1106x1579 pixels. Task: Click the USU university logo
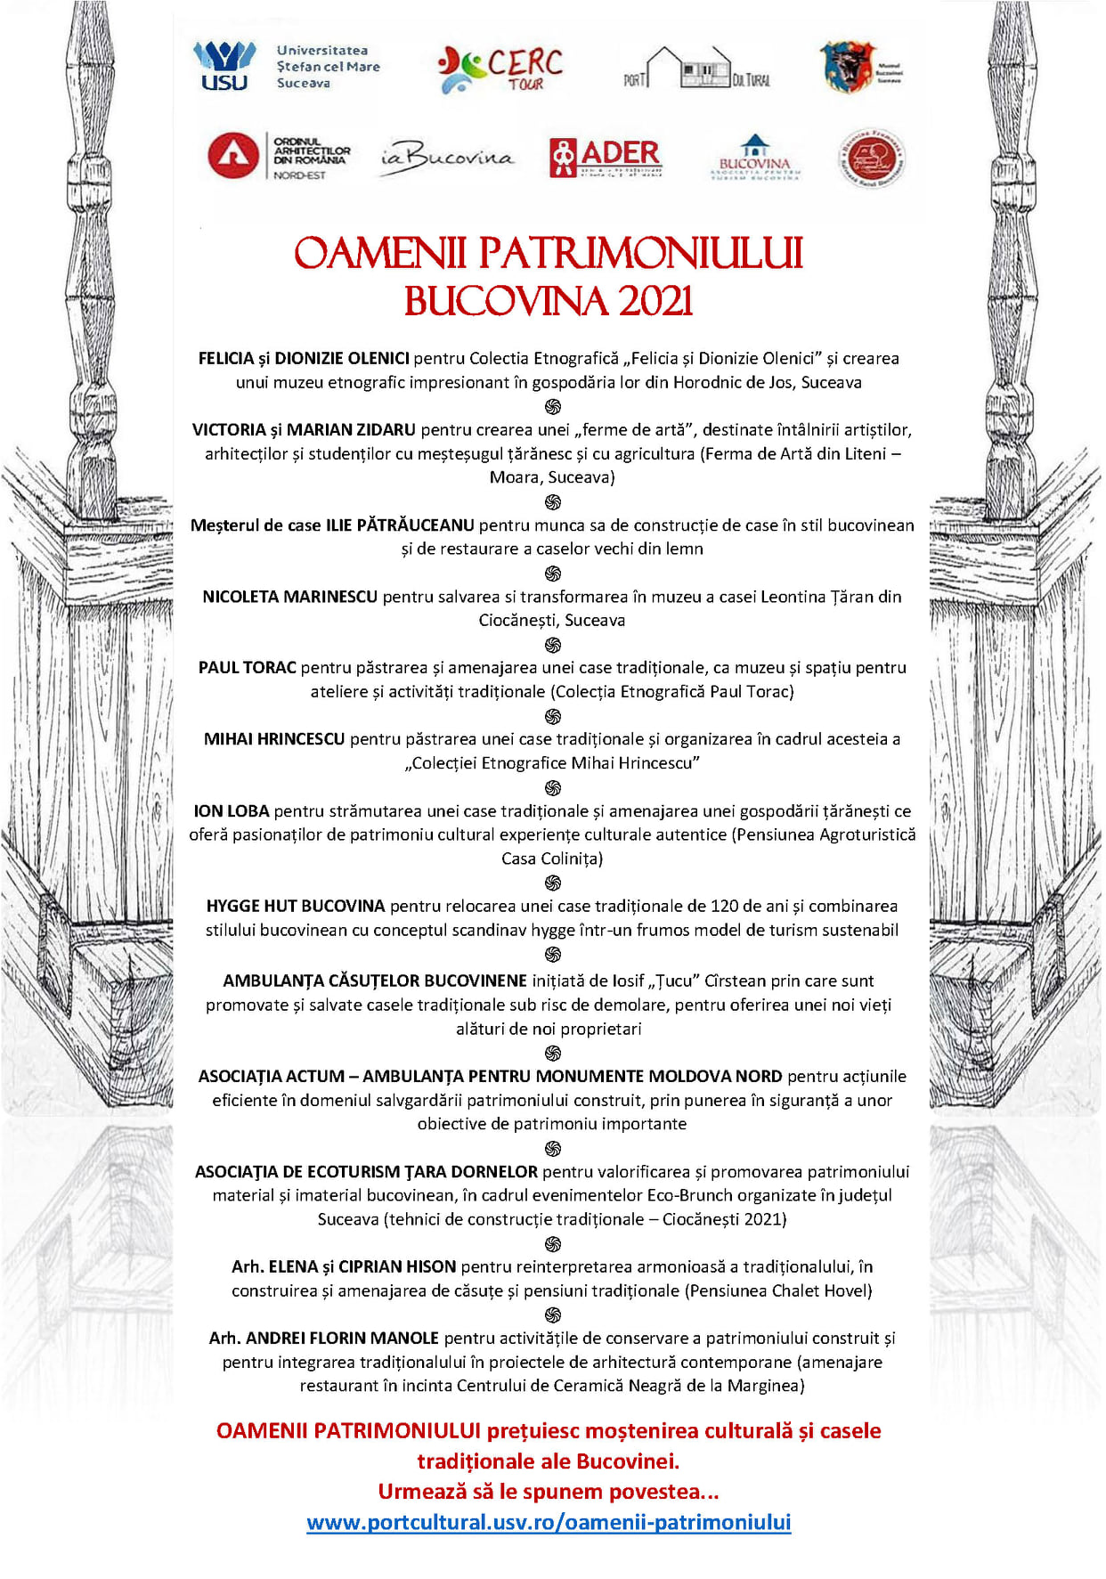(224, 66)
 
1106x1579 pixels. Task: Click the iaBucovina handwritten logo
(447, 159)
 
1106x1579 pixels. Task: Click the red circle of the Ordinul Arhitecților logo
(233, 156)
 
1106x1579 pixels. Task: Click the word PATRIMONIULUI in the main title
(641, 254)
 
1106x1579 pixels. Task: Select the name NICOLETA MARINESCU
(290, 597)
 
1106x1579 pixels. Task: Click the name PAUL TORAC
(247, 668)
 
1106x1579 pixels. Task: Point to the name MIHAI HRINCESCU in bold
(274, 739)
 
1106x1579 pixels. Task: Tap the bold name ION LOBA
(232, 811)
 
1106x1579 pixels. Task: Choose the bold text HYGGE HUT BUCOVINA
(296, 907)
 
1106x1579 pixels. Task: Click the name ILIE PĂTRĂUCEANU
(400, 525)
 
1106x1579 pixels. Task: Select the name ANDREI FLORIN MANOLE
(342, 1339)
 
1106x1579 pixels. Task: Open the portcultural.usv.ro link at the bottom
(549, 1523)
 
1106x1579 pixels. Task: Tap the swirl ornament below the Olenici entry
(553, 407)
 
